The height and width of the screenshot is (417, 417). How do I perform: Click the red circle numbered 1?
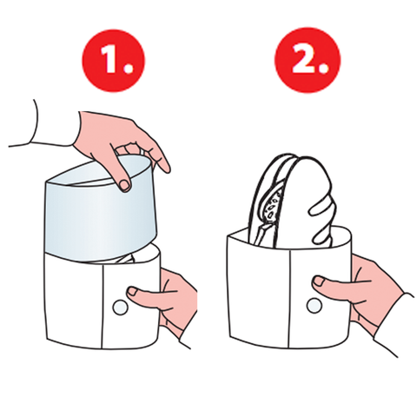[x=114, y=61]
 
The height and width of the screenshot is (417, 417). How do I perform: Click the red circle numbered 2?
[x=308, y=60]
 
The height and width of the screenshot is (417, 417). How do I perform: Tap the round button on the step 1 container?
[x=120, y=308]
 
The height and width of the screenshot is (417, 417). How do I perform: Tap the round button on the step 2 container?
[x=314, y=306]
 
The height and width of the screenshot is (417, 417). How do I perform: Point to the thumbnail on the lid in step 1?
[x=125, y=185]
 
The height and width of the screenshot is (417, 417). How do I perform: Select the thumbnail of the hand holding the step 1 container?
[x=133, y=291]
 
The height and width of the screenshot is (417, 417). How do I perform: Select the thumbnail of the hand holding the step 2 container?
[x=319, y=281]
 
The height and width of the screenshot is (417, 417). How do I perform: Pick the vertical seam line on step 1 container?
[x=103, y=306]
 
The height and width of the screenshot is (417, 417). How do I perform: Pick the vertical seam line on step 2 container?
[x=289, y=298]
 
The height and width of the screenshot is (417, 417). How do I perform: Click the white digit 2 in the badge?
[x=302, y=58]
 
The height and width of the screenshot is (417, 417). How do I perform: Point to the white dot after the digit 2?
[x=323, y=67]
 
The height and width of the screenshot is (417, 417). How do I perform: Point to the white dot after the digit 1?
[x=128, y=68]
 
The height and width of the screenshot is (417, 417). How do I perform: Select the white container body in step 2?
[x=289, y=288]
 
